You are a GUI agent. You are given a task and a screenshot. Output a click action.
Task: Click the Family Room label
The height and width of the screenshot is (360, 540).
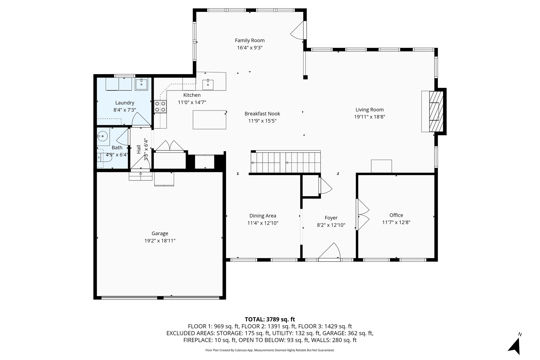pyautogui.click(x=250, y=40)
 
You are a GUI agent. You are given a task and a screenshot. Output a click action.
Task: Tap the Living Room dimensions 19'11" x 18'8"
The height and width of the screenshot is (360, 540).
pyautogui.click(x=370, y=117)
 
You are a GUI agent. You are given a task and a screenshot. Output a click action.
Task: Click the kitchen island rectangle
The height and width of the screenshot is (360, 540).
pyautogui.click(x=209, y=120)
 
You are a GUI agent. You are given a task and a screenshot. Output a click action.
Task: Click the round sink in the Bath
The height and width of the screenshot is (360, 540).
pyautogui.click(x=102, y=136)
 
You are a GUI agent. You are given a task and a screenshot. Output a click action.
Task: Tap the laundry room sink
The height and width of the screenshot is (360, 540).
pyautogui.click(x=142, y=84)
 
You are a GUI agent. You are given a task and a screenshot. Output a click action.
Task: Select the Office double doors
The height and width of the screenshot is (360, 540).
pyautogui.click(x=363, y=214)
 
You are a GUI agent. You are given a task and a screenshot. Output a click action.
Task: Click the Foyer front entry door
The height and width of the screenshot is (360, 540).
pyautogui.click(x=329, y=252)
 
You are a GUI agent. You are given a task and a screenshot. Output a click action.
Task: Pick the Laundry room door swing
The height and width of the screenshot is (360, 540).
pyautogui.click(x=141, y=119)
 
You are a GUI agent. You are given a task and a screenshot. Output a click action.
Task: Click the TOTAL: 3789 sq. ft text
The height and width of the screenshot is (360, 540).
pyautogui.click(x=270, y=319)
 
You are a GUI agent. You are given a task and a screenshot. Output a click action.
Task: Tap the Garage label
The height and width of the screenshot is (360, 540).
pyautogui.click(x=160, y=233)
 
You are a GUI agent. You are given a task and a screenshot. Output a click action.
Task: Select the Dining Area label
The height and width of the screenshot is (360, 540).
pyautogui.click(x=263, y=216)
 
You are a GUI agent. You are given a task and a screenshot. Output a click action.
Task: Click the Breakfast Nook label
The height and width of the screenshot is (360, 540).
pyautogui.click(x=262, y=114)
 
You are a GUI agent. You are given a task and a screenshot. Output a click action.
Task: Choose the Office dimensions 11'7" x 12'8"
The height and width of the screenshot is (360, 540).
pyautogui.click(x=396, y=222)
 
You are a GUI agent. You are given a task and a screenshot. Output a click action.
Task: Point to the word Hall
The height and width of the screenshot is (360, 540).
pyautogui.click(x=139, y=149)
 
